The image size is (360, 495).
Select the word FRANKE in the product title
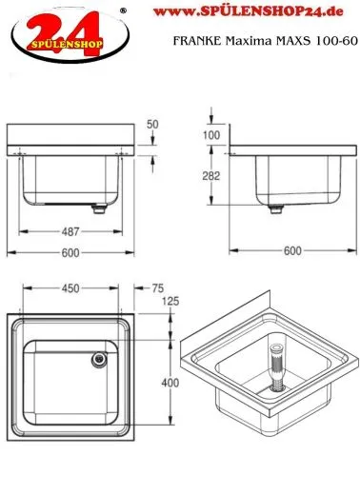tap(195, 41)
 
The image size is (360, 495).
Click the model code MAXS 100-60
tap(310, 41)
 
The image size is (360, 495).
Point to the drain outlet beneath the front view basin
tap(97, 205)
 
